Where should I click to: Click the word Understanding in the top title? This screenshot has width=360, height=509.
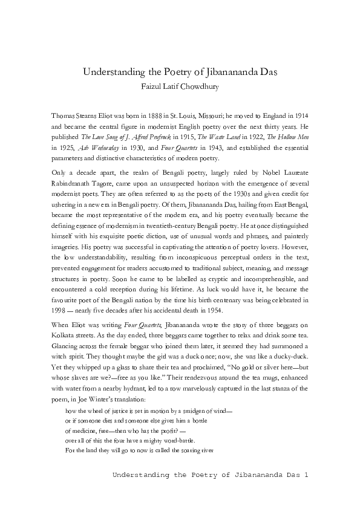111,73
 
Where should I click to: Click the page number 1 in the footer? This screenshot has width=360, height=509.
307,475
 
